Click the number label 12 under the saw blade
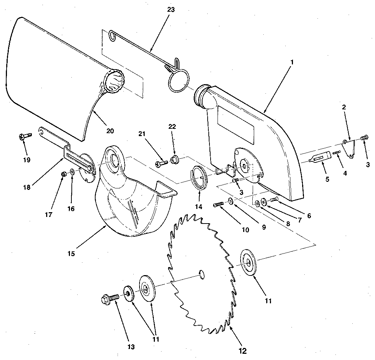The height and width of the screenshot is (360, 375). coord(242,351)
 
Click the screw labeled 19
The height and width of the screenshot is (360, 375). coord(25,136)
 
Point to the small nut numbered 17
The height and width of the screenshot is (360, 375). coord(63,174)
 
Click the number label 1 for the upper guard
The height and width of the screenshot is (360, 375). coord(292,62)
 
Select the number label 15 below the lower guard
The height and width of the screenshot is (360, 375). coord(71,253)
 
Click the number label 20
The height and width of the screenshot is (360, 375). coord(110,130)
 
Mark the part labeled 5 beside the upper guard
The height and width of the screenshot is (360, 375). coord(318,158)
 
